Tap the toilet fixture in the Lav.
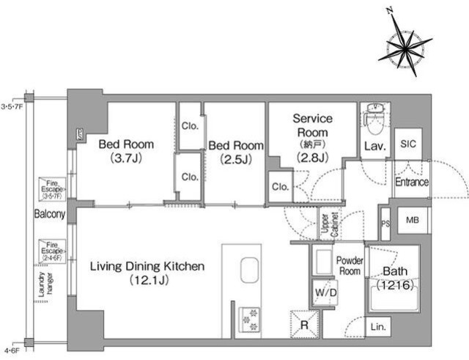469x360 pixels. point(374,118)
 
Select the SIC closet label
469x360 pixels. point(408,144)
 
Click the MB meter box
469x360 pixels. point(413,220)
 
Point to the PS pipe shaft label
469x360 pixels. point(386,224)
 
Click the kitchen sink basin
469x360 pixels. point(249,271)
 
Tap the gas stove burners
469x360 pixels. point(249,320)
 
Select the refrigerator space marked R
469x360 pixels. point(304,325)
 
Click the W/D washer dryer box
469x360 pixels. point(325,293)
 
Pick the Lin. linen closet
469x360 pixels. point(378,327)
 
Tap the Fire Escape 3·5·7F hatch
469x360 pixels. point(52,189)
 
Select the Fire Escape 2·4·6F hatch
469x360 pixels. point(52,251)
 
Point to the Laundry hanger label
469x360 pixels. point(45,284)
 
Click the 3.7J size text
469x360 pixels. point(126,158)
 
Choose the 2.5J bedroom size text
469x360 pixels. point(236,160)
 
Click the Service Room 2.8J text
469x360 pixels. point(312,157)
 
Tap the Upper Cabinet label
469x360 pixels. point(330,224)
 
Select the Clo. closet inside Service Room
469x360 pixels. point(281,187)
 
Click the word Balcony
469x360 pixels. point(50,214)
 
